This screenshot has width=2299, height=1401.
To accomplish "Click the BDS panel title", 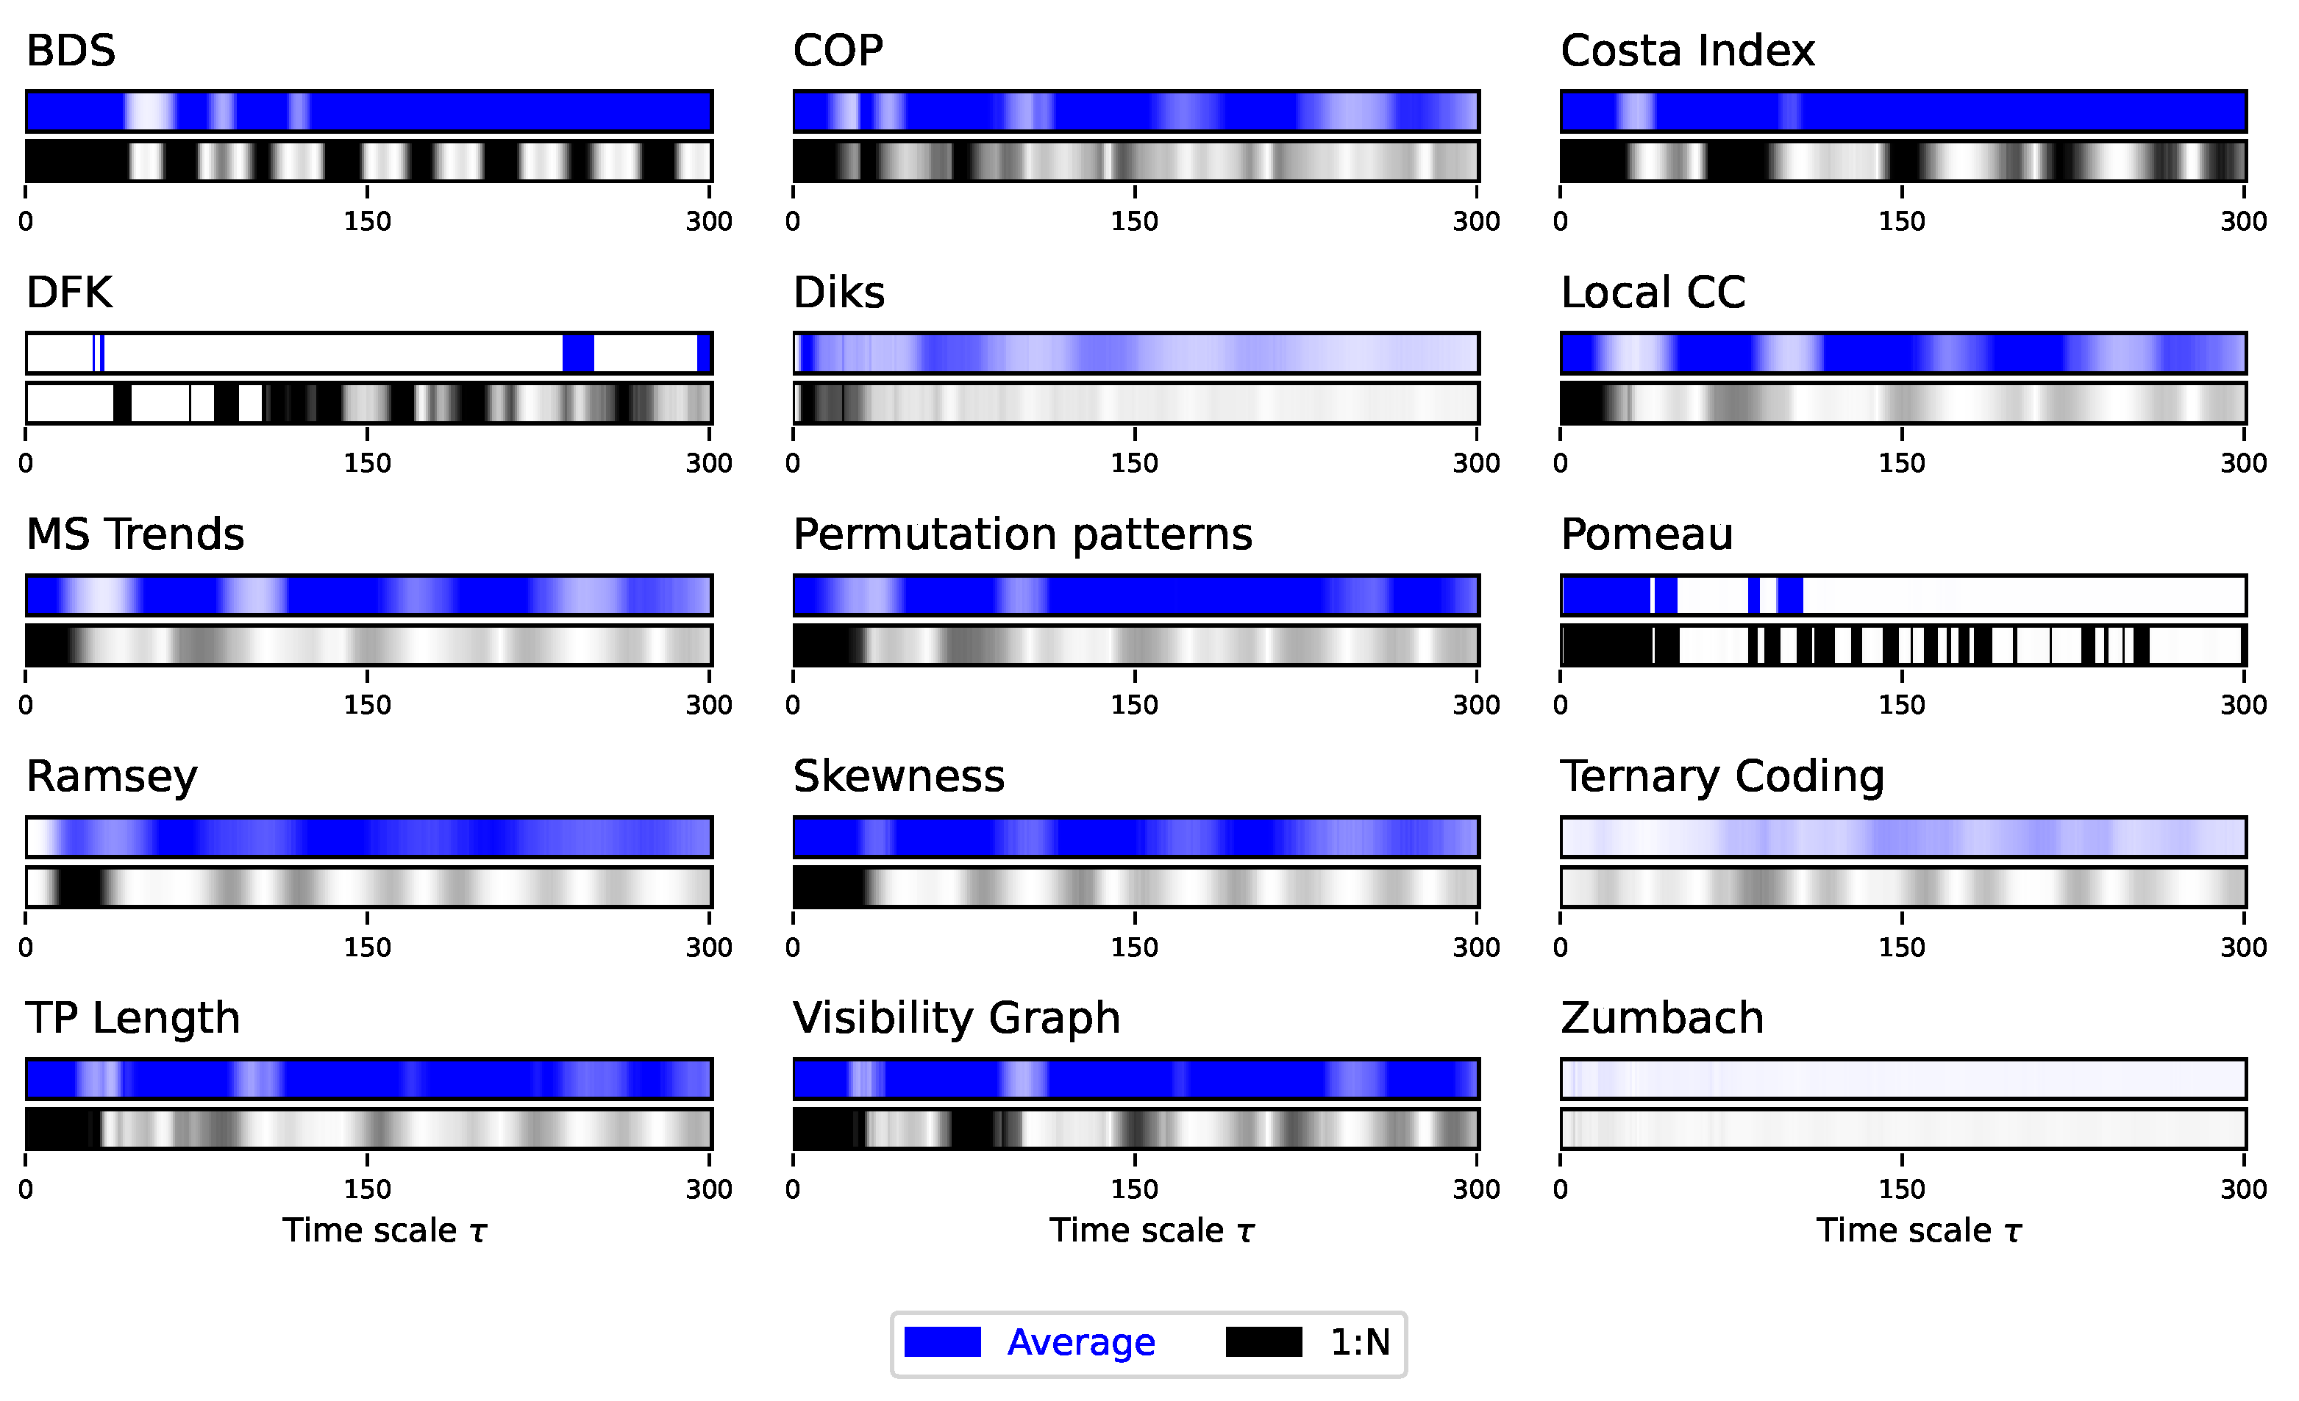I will click(70, 51).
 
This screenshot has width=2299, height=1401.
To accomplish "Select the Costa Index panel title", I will click(1687, 51).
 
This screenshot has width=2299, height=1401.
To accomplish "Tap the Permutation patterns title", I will click(1022, 534).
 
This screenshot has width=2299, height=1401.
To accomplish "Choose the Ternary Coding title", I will click(1722, 776).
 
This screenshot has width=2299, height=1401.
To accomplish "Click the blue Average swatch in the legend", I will click(942, 1342).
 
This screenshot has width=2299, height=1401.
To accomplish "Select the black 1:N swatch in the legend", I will click(1263, 1342).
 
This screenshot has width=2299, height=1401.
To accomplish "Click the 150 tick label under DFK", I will click(367, 464).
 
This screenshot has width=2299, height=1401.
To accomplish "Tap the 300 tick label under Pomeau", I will click(2243, 705).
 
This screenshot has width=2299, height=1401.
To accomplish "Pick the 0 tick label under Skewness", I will click(793, 947).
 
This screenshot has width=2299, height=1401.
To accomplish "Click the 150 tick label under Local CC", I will click(1902, 464).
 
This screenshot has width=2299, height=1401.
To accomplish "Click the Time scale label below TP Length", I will click(385, 1231).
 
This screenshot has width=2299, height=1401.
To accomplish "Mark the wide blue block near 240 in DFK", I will click(579, 354).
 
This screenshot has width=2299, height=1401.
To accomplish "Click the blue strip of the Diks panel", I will click(1136, 354).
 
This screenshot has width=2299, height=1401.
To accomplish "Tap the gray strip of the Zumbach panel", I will click(1903, 1128).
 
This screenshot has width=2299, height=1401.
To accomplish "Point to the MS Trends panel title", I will click(135, 534).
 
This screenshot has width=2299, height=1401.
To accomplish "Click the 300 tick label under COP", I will click(1476, 222).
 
